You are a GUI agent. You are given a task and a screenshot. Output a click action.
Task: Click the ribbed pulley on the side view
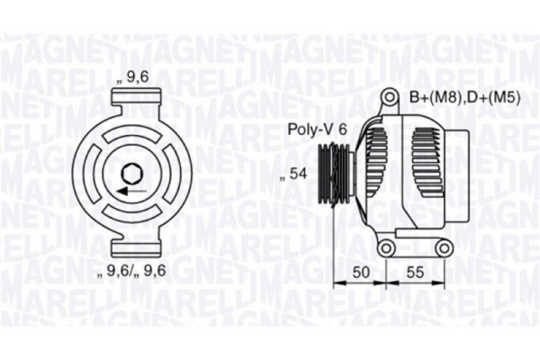pyautogui.click(x=338, y=175)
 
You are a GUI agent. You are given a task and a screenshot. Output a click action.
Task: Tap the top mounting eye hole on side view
pyautogui.click(x=388, y=97)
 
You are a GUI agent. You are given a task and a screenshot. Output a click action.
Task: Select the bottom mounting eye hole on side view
pyautogui.click(x=387, y=247)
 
